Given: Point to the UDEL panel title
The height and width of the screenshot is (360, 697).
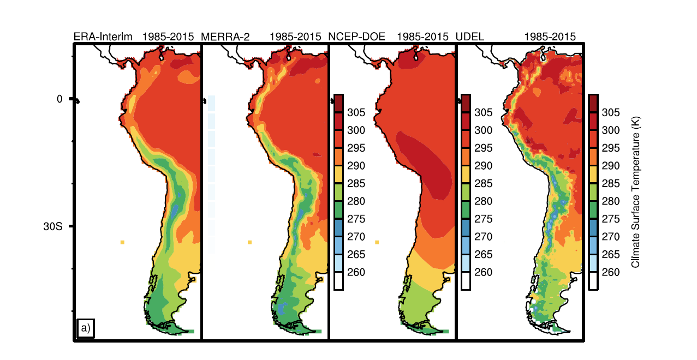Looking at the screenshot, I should pyautogui.click(x=470, y=37).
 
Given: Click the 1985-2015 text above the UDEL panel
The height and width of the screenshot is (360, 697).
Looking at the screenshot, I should pyautogui.click(x=550, y=37).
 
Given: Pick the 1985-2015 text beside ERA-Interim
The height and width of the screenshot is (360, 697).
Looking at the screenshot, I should pyautogui.click(x=168, y=37).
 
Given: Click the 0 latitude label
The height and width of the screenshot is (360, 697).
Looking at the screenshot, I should pyautogui.click(x=60, y=99).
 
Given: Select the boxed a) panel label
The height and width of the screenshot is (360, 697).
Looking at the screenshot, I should pyautogui.click(x=86, y=328).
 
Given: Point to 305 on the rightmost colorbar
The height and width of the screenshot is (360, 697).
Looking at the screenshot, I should pyautogui.click(x=611, y=112).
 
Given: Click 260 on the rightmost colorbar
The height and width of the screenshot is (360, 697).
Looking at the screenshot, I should pyautogui.click(x=611, y=272).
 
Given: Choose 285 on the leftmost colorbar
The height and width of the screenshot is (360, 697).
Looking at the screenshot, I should pyautogui.click(x=356, y=183).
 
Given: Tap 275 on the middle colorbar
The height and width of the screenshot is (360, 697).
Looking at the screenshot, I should pyautogui.click(x=483, y=219).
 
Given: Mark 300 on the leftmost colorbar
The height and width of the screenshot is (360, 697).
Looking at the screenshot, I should pyautogui.click(x=356, y=130).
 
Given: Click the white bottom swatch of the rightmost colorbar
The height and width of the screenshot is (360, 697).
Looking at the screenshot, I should pyautogui.click(x=593, y=281).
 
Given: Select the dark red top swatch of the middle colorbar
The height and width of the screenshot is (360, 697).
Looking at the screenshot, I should pyautogui.click(x=466, y=103).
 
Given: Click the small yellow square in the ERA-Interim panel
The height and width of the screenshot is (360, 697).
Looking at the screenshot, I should pyautogui.click(x=123, y=242).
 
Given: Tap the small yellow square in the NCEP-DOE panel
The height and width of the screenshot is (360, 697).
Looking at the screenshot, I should pyautogui.click(x=377, y=242).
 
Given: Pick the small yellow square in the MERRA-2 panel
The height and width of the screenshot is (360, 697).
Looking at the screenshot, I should pyautogui.click(x=249, y=242).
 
